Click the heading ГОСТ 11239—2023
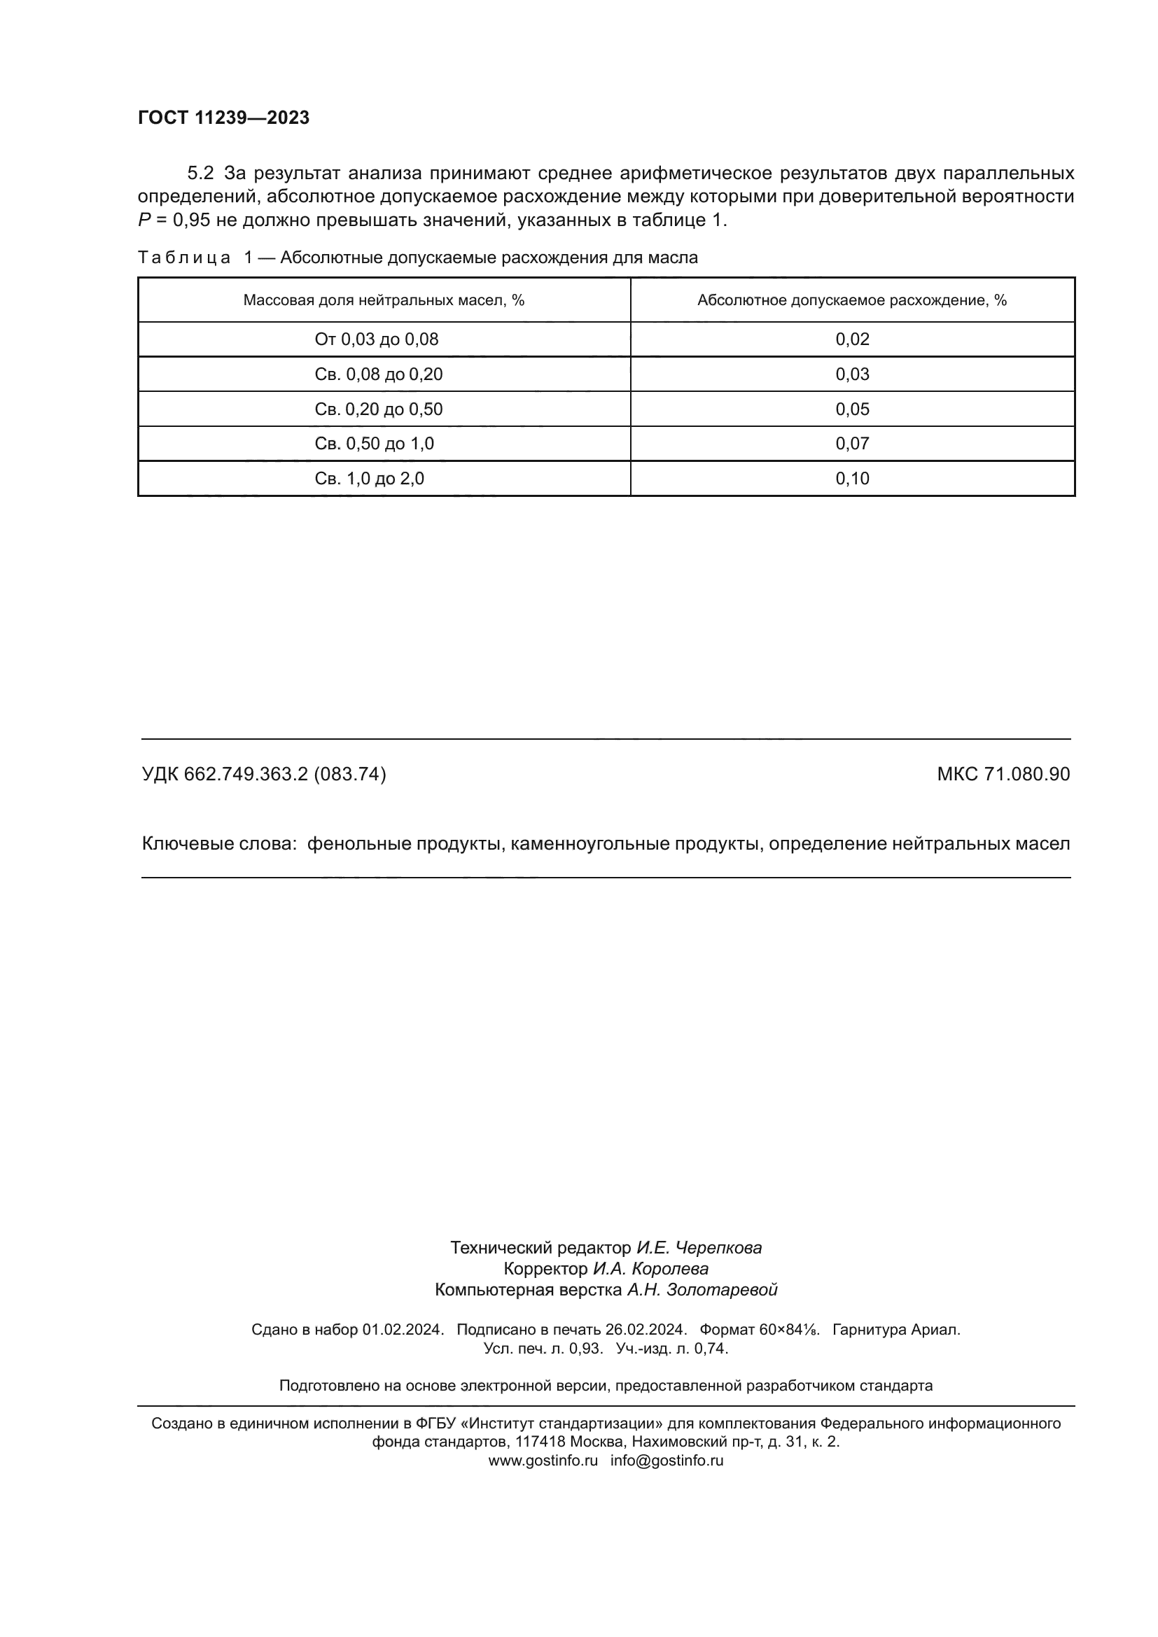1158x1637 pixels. click(x=223, y=118)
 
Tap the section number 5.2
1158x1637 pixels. click(x=200, y=174)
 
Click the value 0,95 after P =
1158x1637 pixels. click(x=191, y=220)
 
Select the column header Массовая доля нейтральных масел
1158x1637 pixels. click(x=384, y=300)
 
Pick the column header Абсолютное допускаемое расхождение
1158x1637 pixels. click(x=851, y=300)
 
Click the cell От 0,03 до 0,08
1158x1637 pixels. click(x=377, y=339)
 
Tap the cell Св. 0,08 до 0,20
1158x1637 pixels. click(x=379, y=374)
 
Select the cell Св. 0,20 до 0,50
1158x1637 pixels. click(x=379, y=409)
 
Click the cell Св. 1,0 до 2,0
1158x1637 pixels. click(x=370, y=479)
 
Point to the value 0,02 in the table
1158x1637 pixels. click(x=852, y=339)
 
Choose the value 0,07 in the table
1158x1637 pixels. click(x=852, y=444)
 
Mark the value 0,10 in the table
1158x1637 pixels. click(x=852, y=479)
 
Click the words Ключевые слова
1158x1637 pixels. click(x=218, y=844)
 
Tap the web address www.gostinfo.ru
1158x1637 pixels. click(x=543, y=1460)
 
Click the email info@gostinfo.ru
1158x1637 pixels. click(x=667, y=1460)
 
